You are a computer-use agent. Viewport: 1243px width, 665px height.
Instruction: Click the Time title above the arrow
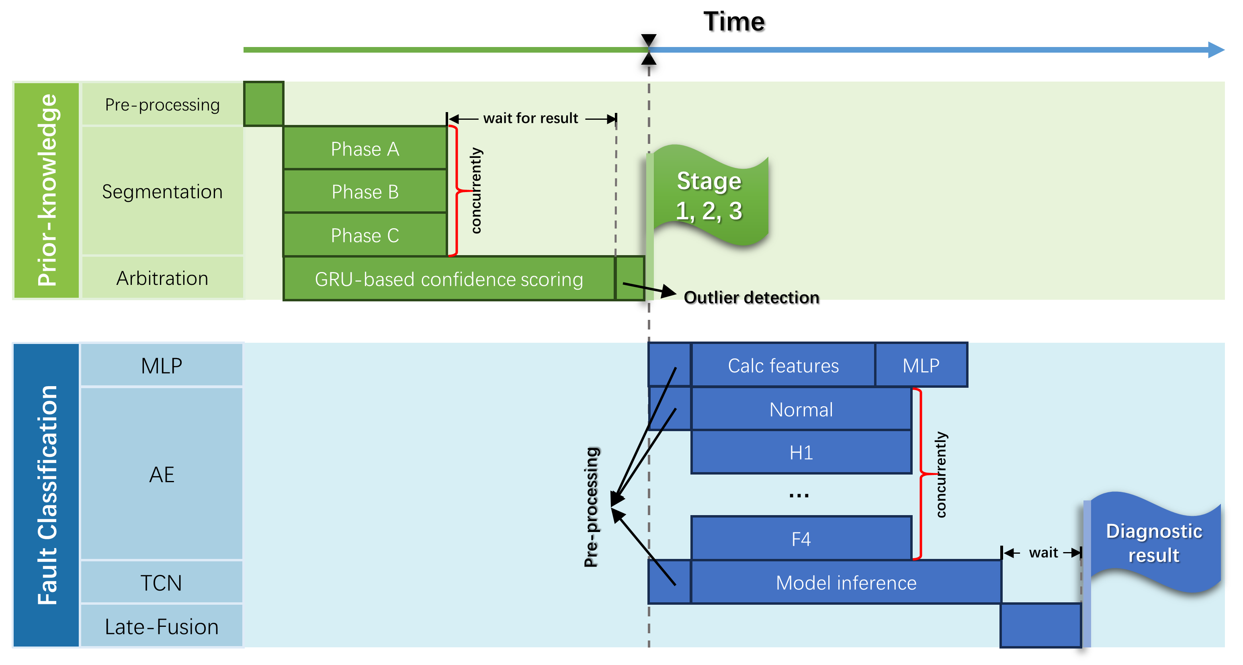(x=733, y=22)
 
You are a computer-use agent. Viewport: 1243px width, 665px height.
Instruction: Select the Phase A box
(x=365, y=149)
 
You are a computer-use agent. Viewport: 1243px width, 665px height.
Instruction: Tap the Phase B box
(x=365, y=192)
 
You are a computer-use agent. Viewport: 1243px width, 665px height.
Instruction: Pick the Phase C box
(x=365, y=235)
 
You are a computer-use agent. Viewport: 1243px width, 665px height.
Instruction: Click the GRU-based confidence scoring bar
(x=449, y=279)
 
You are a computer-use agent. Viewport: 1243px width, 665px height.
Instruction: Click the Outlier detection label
(x=751, y=297)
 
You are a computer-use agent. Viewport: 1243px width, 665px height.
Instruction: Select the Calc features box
(x=783, y=365)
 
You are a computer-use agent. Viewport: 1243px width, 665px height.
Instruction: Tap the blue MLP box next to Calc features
(x=921, y=365)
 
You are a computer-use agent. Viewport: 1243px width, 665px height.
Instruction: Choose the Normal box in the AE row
(x=801, y=409)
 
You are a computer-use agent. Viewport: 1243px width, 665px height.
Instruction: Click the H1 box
(x=801, y=452)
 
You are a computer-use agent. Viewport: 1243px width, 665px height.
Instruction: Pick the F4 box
(x=801, y=538)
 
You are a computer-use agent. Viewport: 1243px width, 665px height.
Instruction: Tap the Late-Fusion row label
(x=162, y=626)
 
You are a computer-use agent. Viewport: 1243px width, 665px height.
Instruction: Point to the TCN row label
(x=162, y=583)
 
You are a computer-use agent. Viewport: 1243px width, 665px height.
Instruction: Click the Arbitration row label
(x=162, y=278)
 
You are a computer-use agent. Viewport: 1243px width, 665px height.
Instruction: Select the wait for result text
(x=530, y=118)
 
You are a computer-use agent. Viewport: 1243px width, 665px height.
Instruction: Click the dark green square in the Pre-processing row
(x=264, y=104)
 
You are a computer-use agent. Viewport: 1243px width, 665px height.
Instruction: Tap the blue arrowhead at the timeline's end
(x=1216, y=50)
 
